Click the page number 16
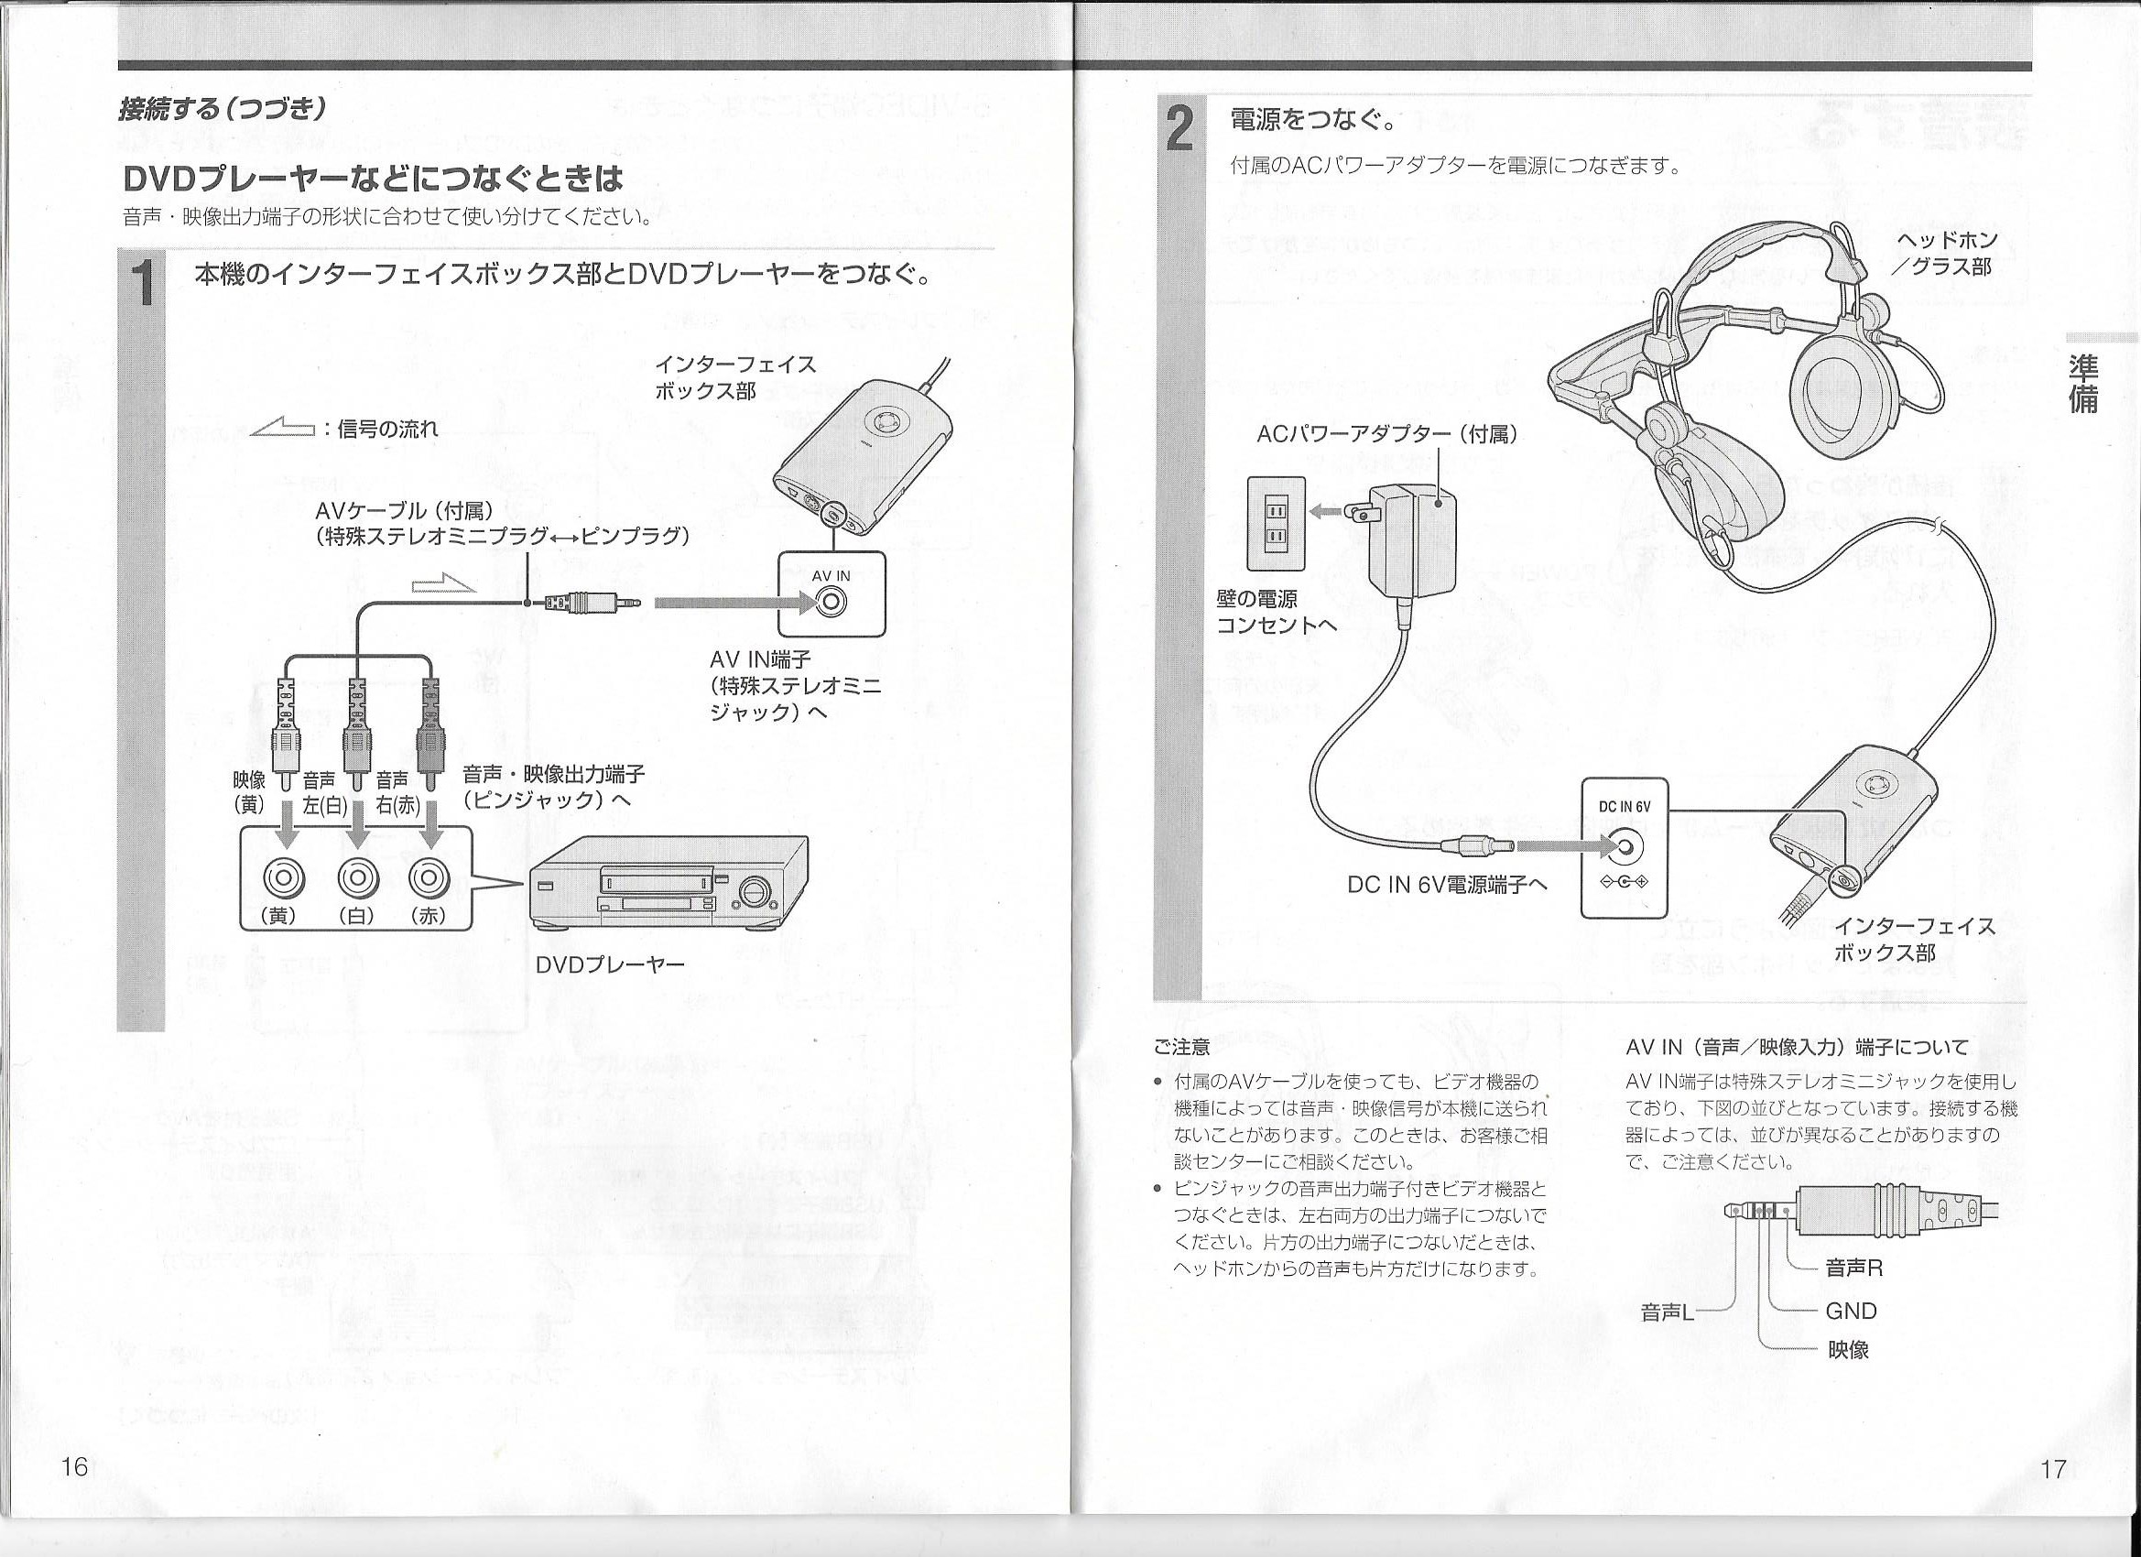point(73,1466)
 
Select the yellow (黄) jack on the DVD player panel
point(284,878)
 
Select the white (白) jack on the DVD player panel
point(356,878)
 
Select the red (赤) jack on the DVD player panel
point(429,878)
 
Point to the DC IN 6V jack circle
point(1624,846)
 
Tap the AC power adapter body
point(1410,540)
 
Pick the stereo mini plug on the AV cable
point(592,602)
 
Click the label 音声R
point(1854,1268)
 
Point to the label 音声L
point(1668,1312)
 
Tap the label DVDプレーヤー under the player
point(609,964)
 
